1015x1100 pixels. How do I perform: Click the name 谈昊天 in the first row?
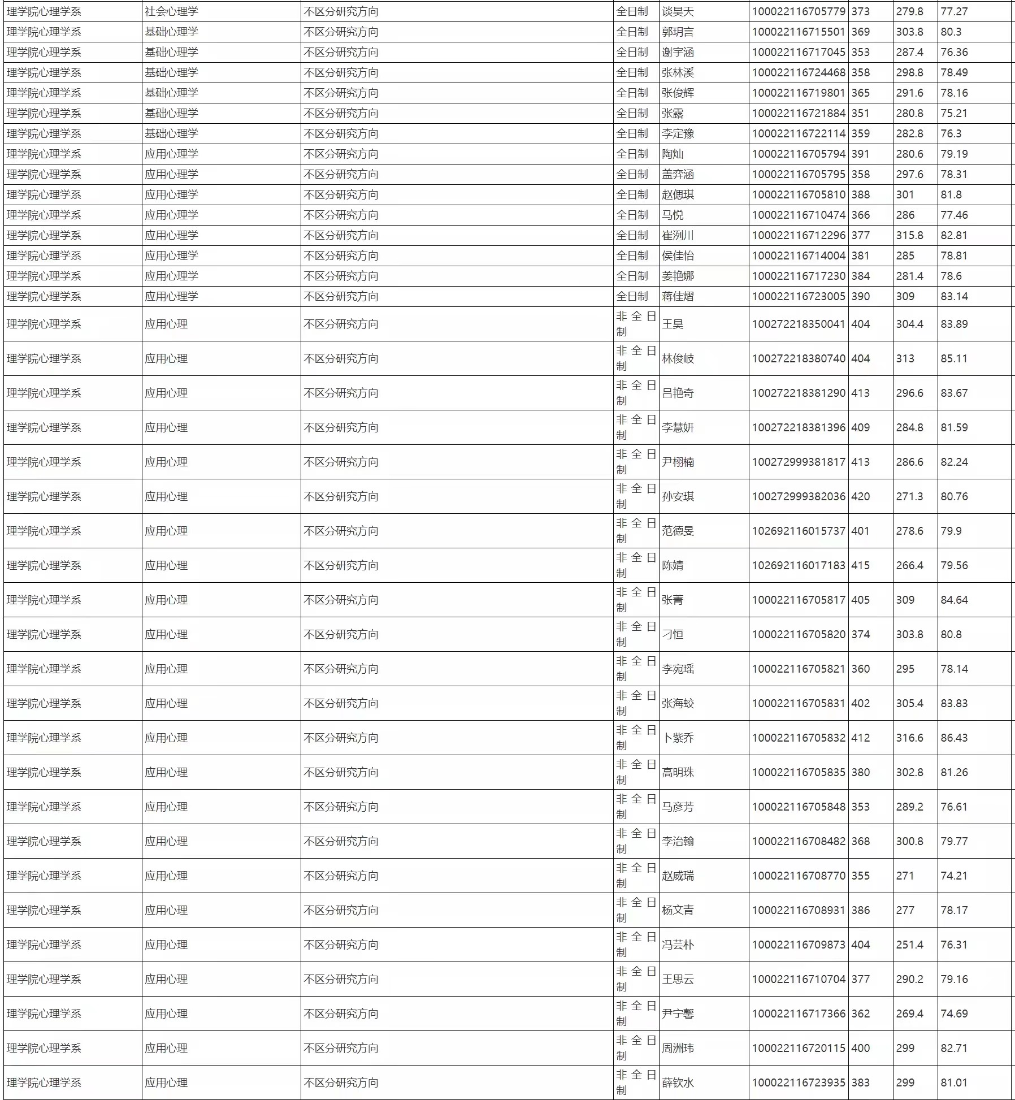[678, 11]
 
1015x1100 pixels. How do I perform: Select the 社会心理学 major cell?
[171, 11]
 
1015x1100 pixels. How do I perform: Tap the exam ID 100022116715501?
[798, 32]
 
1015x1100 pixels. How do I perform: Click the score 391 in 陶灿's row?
[860, 154]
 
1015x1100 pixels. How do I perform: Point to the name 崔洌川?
[678, 235]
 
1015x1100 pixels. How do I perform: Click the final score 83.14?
[954, 296]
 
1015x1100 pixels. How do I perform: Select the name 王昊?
[673, 324]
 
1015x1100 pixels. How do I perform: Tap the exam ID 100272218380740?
[798, 358]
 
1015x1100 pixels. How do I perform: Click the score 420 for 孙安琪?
[860, 496]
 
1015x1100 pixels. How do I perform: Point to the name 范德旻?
[678, 531]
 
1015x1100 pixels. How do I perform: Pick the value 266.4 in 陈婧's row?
[909, 565]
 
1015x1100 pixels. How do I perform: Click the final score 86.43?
[954, 738]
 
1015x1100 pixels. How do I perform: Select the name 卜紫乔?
[678, 738]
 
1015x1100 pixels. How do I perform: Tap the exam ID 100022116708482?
[798, 841]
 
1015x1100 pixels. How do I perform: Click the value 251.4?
[909, 945]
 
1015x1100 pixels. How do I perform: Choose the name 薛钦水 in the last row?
[678, 1082]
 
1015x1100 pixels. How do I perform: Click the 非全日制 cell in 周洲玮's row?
[636, 1048]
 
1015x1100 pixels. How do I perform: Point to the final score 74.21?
[954, 876]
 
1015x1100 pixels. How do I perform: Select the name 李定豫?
[678, 133]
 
